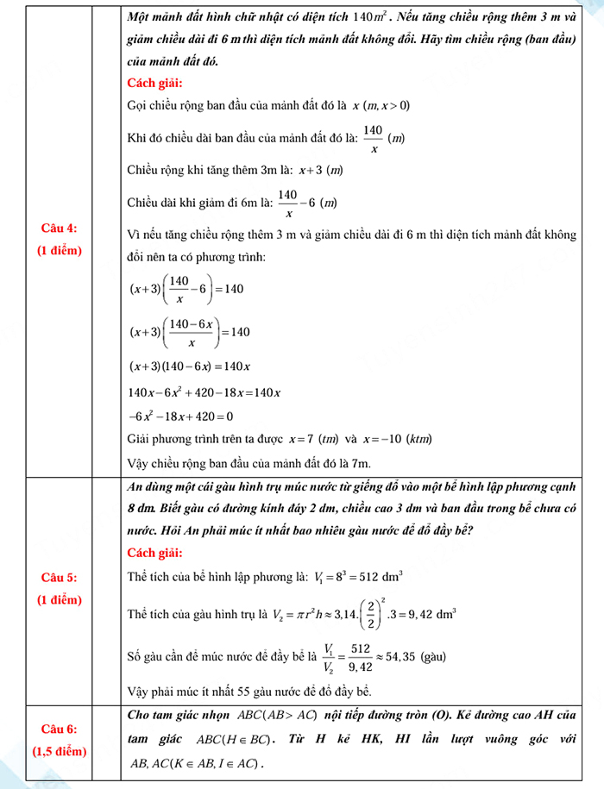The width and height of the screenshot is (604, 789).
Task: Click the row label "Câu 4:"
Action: tap(59, 229)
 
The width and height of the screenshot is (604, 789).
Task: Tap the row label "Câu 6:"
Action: tap(59, 730)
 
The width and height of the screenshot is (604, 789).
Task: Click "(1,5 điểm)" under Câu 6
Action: tap(59, 751)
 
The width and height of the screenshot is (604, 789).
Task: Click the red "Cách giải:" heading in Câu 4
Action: tap(154, 84)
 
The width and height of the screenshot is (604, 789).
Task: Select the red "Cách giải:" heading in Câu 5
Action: tap(154, 552)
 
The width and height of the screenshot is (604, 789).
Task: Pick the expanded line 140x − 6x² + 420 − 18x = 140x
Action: tap(204, 392)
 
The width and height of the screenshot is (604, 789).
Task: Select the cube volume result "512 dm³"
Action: tap(381, 575)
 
